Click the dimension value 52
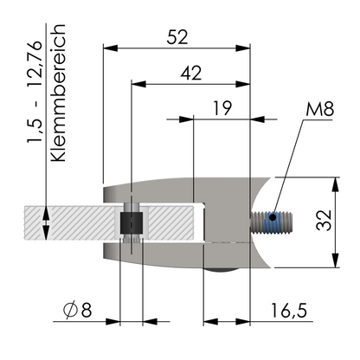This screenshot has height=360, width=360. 177,37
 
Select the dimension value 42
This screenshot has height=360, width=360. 191,73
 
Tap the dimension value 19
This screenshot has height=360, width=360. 222,108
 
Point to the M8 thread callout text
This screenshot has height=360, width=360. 319,109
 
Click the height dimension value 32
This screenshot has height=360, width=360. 324,220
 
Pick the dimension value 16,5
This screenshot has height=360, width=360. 289,311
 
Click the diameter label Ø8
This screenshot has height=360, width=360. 77,310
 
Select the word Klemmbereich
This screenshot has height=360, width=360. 58,93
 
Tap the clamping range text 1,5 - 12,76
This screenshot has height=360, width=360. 35,92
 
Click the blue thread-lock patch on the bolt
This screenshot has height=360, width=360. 273,222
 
